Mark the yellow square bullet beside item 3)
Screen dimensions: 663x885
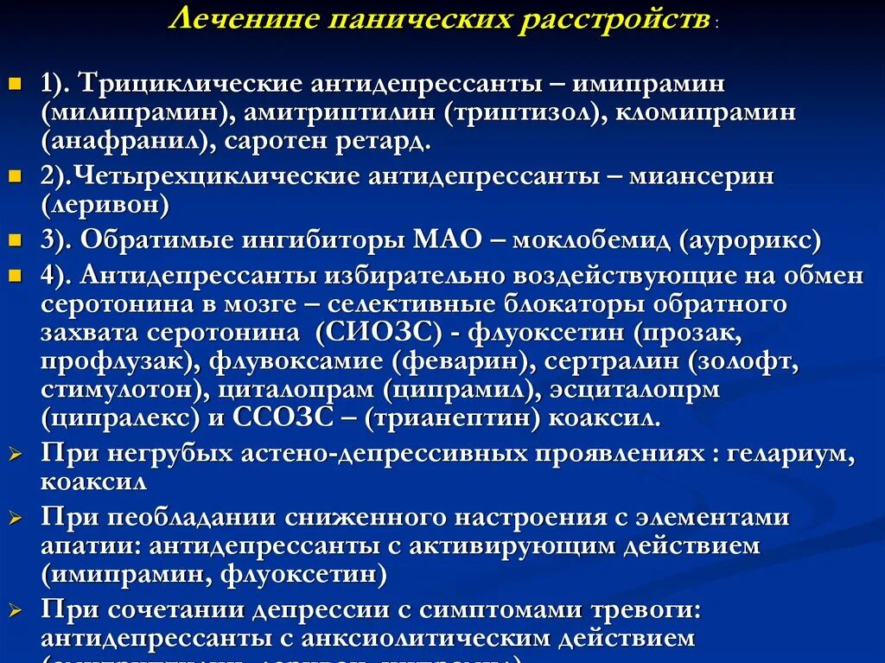point(14,238)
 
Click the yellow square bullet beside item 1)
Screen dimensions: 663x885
point(14,86)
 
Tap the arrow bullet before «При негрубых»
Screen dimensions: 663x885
point(15,455)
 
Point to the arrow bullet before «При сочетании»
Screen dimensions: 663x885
point(15,610)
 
